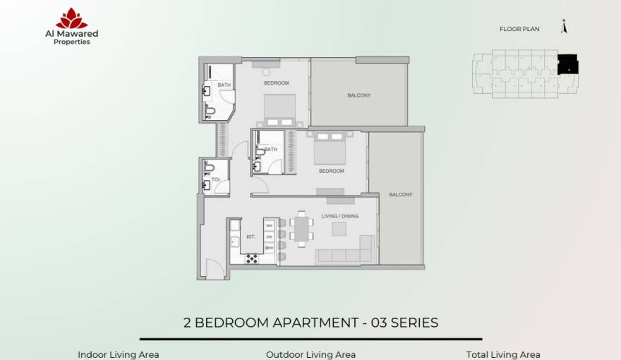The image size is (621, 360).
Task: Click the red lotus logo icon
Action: click(x=72, y=18)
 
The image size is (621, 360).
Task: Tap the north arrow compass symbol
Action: click(x=563, y=28)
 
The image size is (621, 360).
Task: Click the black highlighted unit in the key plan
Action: click(x=568, y=64)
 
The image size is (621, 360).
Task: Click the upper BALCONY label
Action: click(x=358, y=95)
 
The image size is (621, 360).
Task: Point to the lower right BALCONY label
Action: click(x=400, y=194)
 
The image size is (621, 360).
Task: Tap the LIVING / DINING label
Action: click(x=340, y=217)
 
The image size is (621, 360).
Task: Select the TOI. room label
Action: click(x=216, y=179)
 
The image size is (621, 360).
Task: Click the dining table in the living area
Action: click(x=302, y=229)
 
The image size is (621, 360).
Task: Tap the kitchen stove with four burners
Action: click(x=252, y=258)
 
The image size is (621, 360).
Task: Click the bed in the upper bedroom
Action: click(x=281, y=110)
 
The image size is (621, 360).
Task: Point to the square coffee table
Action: click(x=339, y=229)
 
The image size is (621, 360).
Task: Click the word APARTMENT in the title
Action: click(x=313, y=323)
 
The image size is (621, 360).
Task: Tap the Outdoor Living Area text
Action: click(x=310, y=354)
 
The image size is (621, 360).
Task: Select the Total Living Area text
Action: click(x=503, y=354)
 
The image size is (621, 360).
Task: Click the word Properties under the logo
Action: click(x=72, y=42)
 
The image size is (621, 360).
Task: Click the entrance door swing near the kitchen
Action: click(x=213, y=268)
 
